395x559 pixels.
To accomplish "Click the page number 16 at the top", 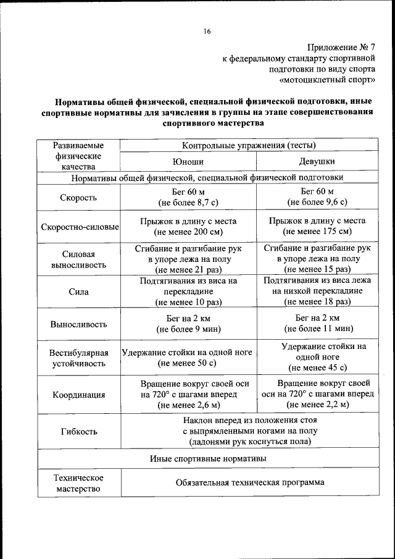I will click(207, 32).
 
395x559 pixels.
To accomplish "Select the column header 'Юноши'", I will click(188, 162).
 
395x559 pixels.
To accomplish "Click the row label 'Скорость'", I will click(78, 198).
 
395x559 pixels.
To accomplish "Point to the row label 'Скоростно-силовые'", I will click(80, 227).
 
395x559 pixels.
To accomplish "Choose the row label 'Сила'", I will click(78, 292).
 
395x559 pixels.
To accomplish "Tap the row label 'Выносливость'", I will click(78, 324).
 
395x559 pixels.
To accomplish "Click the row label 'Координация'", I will click(78, 395).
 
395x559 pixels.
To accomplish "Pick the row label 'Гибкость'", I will click(78, 431).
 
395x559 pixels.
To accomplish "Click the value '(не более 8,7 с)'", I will click(188, 203).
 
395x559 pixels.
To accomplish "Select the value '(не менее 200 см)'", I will click(188, 232).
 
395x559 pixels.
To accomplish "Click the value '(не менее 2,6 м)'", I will click(188, 405).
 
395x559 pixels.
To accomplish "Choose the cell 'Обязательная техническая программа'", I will click(249, 483).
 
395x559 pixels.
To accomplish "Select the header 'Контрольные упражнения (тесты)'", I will click(249, 146).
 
